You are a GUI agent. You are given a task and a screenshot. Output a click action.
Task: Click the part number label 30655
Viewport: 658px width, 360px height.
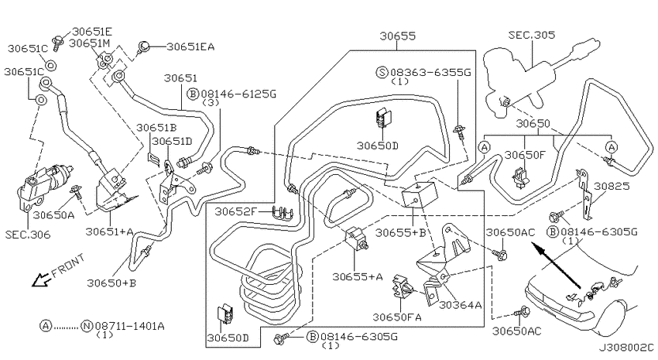[397, 36]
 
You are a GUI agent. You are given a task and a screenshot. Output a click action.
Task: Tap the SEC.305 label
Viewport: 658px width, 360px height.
[532, 35]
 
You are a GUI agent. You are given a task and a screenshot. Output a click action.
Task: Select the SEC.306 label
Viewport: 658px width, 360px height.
[28, 234]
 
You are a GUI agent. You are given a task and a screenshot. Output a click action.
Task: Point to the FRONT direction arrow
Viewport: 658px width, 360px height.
[41, 279]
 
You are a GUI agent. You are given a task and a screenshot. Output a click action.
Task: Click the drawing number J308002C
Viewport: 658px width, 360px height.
[626, 348]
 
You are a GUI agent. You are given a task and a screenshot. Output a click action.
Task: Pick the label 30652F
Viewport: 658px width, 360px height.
[235, 211]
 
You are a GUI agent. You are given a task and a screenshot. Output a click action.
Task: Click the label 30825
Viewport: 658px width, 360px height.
[612, 186]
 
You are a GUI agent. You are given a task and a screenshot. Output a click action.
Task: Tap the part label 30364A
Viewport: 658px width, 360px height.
[460, 304]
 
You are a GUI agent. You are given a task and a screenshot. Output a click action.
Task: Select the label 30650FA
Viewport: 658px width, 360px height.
[397, 317]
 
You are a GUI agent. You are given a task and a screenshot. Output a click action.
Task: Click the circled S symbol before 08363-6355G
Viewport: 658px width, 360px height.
[382, 73]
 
